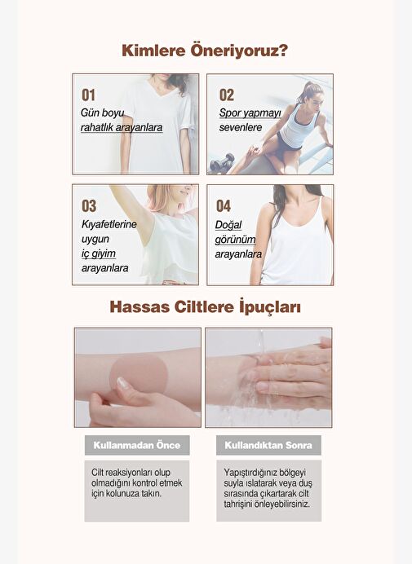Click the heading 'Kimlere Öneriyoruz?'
(205, 51)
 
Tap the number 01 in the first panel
(89, 95)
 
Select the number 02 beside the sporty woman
(227, 95)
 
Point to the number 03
(89, 206)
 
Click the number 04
(224, 206)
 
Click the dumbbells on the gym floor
(222, 162)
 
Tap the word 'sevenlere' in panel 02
(241, 127)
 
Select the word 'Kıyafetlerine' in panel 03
(109, 224)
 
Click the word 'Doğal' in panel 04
(228, 225)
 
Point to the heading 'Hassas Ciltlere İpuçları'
(206, 307)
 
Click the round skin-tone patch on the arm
(139, 372)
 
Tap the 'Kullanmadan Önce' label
(137, 445)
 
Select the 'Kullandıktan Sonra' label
(268, 445)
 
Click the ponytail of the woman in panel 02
(304, 90)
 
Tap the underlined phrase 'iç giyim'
(99, 254)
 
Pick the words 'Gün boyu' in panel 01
(102, 112)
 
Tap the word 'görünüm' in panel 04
(235, 240)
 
